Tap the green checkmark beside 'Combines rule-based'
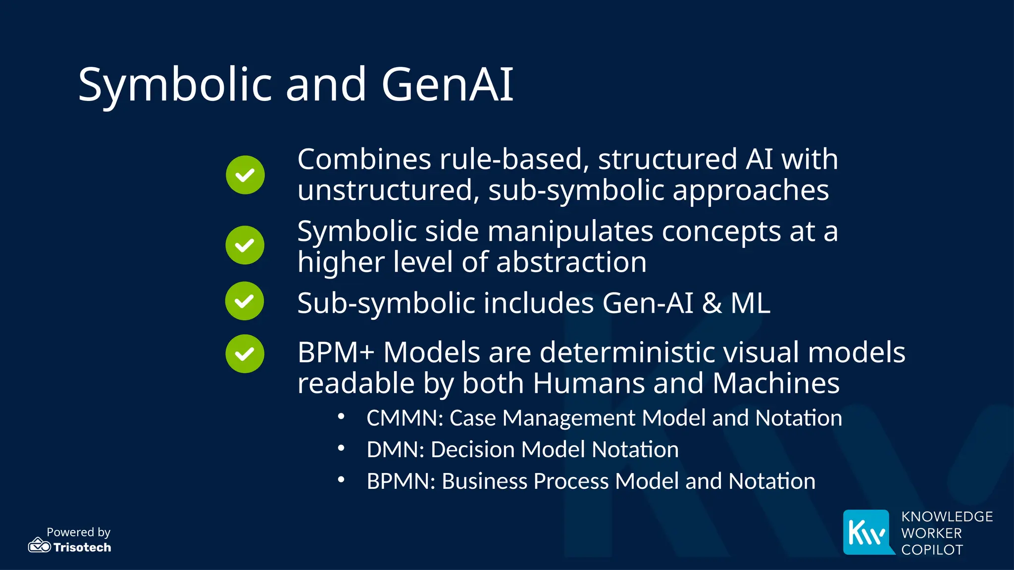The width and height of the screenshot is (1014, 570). point(245,175)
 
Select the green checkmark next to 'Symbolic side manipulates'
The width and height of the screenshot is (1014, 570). point(245,245)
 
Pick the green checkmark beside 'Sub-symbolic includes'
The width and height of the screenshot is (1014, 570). point(245,301)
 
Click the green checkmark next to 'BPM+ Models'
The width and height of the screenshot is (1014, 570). point(245,354)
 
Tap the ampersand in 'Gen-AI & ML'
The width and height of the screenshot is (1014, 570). point(711,303)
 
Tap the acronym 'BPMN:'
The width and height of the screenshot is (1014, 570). point(401,481)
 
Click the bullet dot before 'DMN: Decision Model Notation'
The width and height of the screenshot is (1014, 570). point(341,448)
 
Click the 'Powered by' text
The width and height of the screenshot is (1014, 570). point(78,532)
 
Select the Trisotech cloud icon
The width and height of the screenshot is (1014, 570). point(39,545)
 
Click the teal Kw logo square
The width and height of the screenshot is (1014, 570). point(867,532)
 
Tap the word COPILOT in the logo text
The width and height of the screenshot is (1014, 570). point(932,550)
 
